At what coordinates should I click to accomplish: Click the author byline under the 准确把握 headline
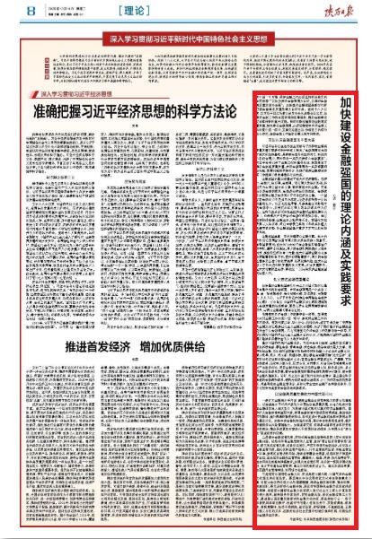click(134, 126)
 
